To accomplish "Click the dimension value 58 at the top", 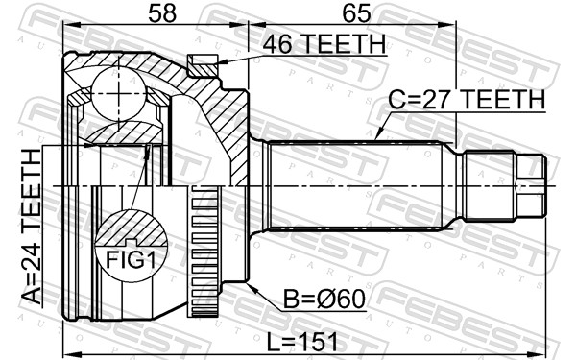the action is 162,13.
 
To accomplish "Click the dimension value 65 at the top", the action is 356,13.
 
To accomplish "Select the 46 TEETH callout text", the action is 324,44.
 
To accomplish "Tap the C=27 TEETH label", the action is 467,99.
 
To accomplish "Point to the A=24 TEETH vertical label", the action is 31,227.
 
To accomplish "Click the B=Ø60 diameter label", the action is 324,300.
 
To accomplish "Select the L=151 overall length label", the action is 301,342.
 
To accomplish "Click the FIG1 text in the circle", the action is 132,259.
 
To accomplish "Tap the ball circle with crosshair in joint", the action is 119,94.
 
